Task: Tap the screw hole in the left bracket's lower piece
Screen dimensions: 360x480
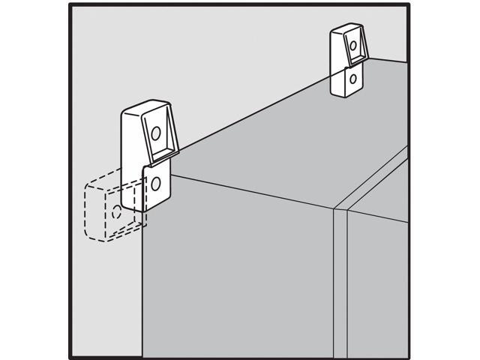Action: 156,183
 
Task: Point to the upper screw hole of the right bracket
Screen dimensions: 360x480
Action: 352,46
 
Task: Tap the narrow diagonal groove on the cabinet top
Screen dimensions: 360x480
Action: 375,180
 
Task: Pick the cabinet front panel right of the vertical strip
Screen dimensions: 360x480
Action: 379,285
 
